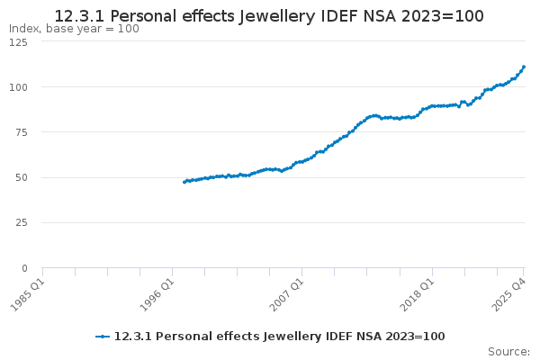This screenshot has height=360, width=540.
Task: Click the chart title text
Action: [x=269, y=16]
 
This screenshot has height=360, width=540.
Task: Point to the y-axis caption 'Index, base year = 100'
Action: [x=74, y=29]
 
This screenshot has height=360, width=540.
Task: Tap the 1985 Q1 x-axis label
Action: [x=27, y=293]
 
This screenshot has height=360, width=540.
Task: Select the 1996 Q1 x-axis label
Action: [x=157, y=293]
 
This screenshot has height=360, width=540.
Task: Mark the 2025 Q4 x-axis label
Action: [x=508, y=293]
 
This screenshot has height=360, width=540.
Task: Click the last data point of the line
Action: [x=524, y=67]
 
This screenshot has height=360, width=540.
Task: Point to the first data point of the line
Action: [x=184, y=182]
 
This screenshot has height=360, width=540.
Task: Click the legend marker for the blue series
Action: [x=103, y=337]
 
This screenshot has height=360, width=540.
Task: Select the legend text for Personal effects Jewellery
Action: [x=279, y=337]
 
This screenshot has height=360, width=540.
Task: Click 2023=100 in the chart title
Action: [x=442, y=16]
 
